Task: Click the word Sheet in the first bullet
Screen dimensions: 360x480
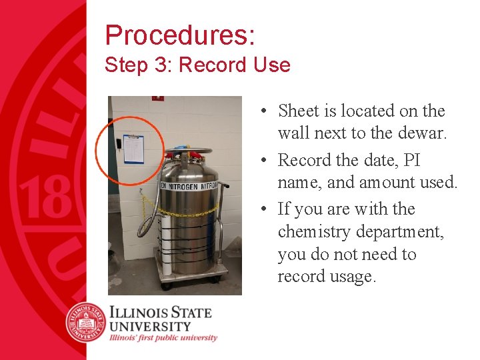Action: pos(300,111)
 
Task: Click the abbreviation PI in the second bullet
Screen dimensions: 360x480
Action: pos(412,160)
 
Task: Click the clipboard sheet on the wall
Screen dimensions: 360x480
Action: pos(134,150)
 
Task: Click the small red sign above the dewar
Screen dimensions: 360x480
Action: pos(157,99)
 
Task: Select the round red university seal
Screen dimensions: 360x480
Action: pos(86,321)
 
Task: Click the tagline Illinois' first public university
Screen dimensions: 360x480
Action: pos(164,338)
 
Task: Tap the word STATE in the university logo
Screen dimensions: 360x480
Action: pos(189,312)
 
